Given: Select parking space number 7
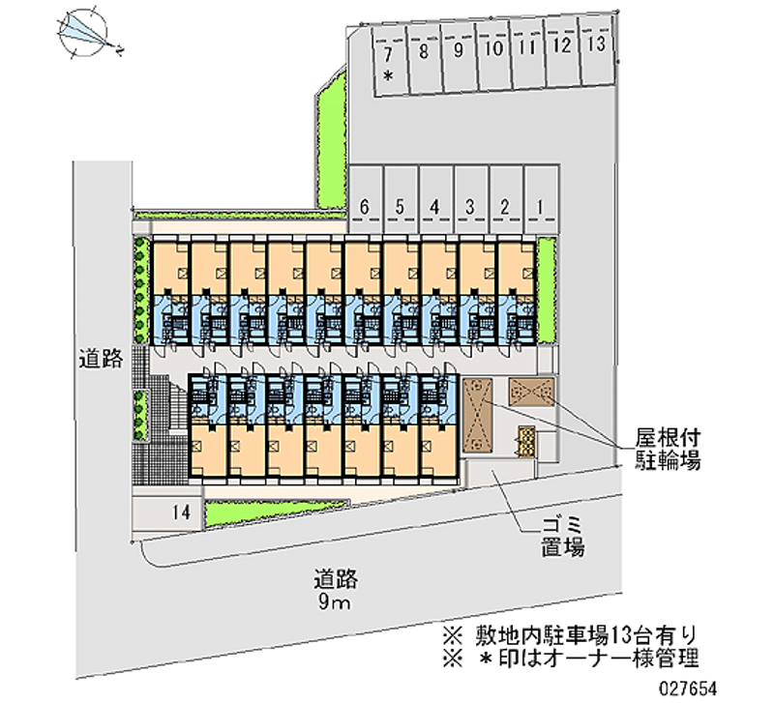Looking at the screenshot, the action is pos(391,61).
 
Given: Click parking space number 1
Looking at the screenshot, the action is pos(541,199).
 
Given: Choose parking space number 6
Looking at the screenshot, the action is pos(366,199).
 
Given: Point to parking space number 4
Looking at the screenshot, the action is pos(436,199).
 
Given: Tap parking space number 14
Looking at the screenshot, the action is pos(167,513).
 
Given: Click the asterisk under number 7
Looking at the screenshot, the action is pos(389,76).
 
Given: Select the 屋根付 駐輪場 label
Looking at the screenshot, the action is pos(667,450).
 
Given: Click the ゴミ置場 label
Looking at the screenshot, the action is pos(563,537).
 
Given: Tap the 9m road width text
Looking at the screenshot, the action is pos(334,602).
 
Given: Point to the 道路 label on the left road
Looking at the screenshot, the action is pos(102,359).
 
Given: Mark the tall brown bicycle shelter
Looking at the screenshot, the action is pos(477,416).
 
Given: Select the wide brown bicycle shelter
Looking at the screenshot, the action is pos(531,393).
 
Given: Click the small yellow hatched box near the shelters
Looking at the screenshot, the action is pos(526,442).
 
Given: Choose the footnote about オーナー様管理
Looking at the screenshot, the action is pos(570,659).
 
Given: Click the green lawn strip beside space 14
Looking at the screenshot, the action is pos(277,513).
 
